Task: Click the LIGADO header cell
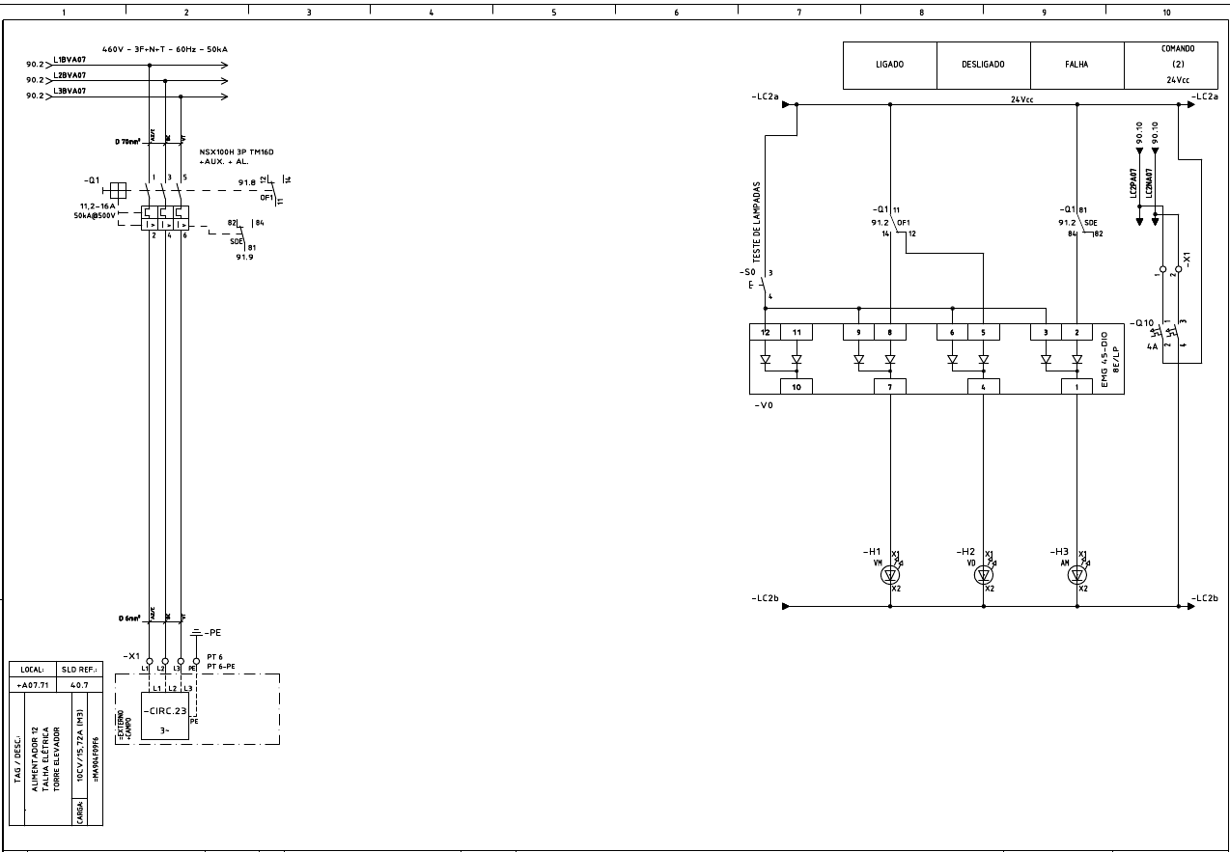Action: [x=889, y=65]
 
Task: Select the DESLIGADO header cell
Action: [x=983, y=65]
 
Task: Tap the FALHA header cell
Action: [x=1076, y=65]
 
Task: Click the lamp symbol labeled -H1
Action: [x=890, y=575]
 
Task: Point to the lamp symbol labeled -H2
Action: [x=984, y=575]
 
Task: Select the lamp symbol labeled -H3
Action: [x=1077, y=575]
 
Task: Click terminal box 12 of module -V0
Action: [x=765, y=332]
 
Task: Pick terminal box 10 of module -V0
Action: [x=797, y=387]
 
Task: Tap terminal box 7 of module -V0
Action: [x=890, y=387]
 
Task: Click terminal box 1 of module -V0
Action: [x=1077, y=387]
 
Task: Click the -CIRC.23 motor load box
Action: [x=164, y=715]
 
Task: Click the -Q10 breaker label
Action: [x=1143, y=322]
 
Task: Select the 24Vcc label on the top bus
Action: [x=1021, y=98]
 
